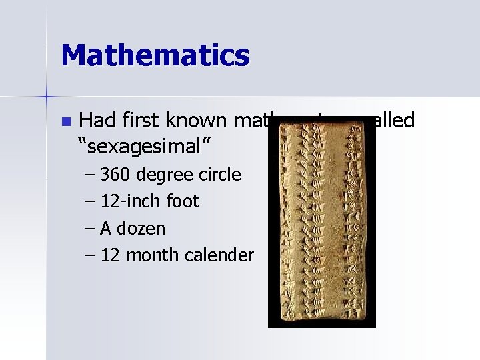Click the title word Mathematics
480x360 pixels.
point(155,55)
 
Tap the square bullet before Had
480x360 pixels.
point(65,121)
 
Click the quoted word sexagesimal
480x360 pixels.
point(139,147)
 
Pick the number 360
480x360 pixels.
point(117,175)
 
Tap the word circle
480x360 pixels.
point(221,175)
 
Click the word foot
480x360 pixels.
point(181,201)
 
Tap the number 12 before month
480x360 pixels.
point(110,255)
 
